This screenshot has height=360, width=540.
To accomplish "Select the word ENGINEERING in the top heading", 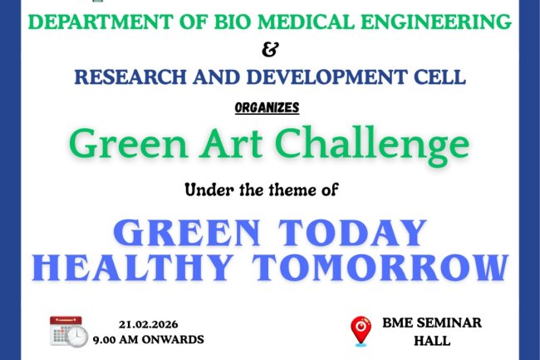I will (431, 22).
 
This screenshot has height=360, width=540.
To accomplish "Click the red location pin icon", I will (361, 330).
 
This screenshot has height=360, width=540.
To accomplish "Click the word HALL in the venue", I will (430, 340).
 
